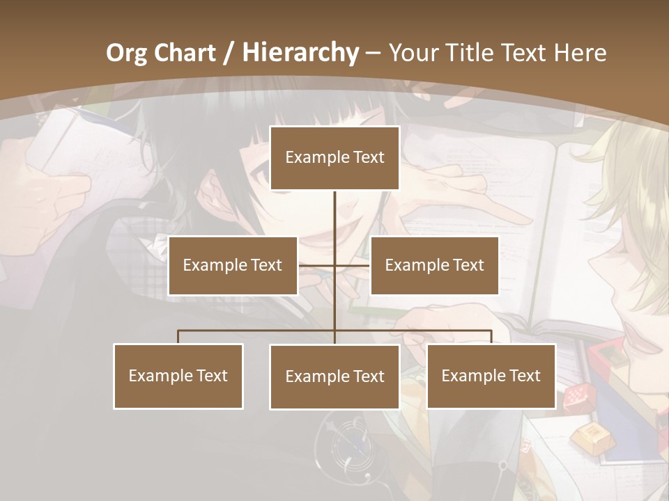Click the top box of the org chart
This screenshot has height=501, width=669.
click(334, 158)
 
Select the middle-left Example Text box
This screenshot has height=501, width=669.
click(233, 265)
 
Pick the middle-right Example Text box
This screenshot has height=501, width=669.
click(434, 265)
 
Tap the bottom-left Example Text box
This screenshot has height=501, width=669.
click(178, 376)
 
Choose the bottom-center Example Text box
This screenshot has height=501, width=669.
click(334, 376)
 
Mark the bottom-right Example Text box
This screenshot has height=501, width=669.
click(491, 376)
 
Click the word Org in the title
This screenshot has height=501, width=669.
click(126, 53)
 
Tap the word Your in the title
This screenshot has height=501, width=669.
click(415, 53)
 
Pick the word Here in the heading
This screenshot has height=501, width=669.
click(580, 53)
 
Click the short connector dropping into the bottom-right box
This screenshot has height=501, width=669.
click(491, 337)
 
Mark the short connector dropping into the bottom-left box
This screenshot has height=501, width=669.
click(178, 337)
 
